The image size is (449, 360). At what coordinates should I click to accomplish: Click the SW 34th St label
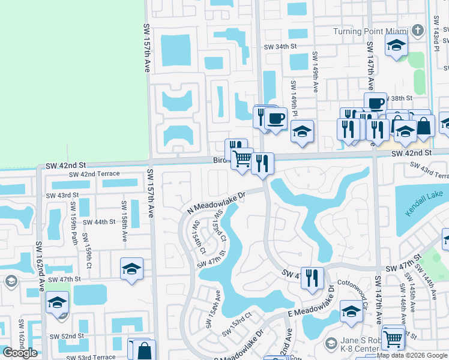[x=280, y=46]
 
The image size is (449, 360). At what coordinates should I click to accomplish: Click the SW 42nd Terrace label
[x=94, y=174]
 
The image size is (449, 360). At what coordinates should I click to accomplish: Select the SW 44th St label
[x=99, y=221]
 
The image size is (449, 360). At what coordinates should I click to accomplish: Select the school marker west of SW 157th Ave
[x=131, y=269]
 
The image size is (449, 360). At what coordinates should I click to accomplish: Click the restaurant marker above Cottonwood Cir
[x=312, y=277]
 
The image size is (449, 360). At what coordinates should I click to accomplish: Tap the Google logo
[x=20, y=353]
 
